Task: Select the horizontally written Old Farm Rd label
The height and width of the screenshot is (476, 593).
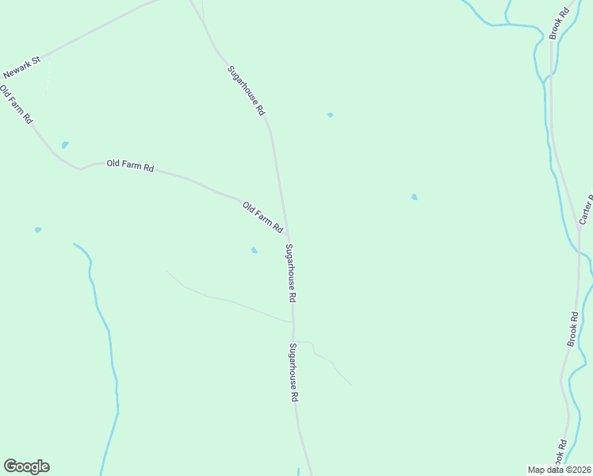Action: click(130, 166)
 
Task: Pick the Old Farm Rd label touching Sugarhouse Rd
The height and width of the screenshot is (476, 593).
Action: click(263, 217)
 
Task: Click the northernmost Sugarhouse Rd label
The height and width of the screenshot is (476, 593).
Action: click(246, 91)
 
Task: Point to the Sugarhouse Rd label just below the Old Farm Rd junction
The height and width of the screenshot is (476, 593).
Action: click(290, 273)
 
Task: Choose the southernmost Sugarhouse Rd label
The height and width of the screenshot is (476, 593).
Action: click(293, 372)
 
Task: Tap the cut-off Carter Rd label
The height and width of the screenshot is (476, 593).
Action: click(586, 209)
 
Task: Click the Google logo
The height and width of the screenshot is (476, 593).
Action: click(26, 466)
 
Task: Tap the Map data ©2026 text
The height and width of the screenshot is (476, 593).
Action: click(560, 470)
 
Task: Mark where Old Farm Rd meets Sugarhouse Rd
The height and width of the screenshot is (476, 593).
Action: click(287, 238)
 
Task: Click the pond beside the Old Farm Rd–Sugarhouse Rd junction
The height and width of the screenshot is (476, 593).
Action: click(254, 251)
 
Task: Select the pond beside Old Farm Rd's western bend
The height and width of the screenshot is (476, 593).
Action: click(65, 145)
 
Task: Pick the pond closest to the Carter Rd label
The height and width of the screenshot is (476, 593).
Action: click(414, 197)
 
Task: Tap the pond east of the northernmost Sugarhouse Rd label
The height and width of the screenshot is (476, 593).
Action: click(330, 115)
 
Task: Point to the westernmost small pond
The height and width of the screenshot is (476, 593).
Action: click(37, 229)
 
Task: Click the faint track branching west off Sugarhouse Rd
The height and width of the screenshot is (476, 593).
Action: click(230, 301)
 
